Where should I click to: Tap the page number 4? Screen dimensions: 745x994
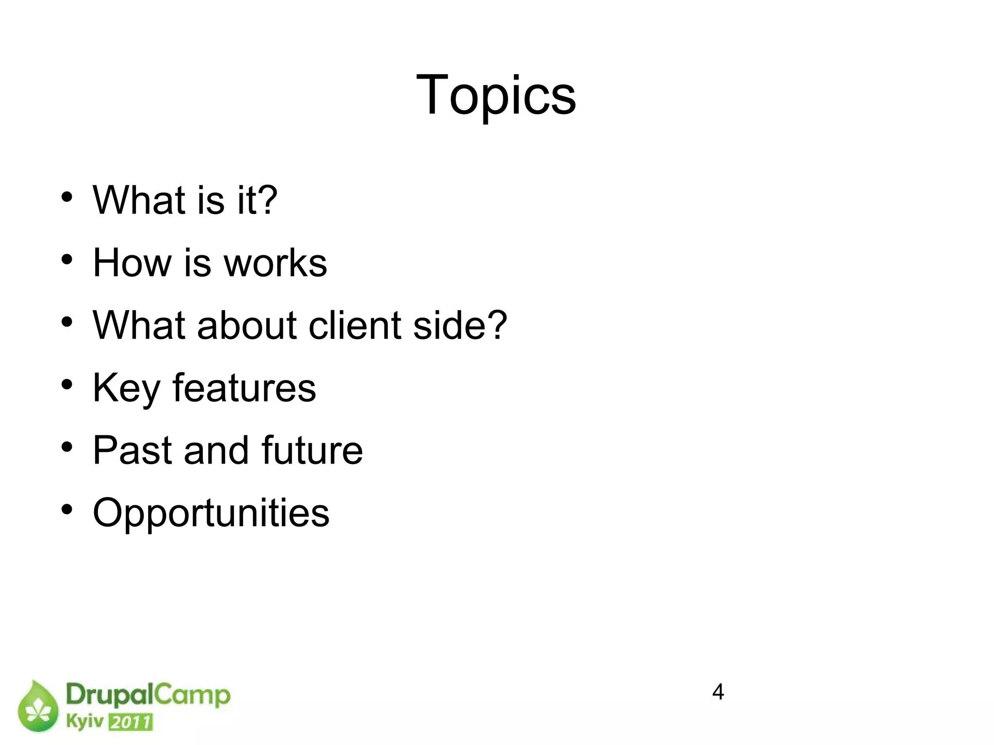pyautogui.click(x=718, y=692)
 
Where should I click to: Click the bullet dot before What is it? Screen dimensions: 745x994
pyautogui.click(x=67, y=197)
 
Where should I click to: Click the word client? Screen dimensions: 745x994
pyautogui.click(x=356, y=325)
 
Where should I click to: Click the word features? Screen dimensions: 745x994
pyautogui.click(x=244, y=387)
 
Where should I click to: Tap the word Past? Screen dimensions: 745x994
pyautogui.click(x=132, y=450)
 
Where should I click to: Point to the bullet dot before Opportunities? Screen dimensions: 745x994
pyautogui.click(x=67, y=510)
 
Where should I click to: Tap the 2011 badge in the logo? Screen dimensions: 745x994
pyautogui.click(x=131, y=722)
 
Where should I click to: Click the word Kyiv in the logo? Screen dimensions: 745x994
pyautogui.click(x=84, y=722)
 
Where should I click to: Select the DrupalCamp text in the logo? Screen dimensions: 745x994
pyautogui.click(x=148, y=695)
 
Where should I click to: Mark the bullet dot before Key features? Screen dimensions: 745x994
pyautogui.click(x=67, y=384)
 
